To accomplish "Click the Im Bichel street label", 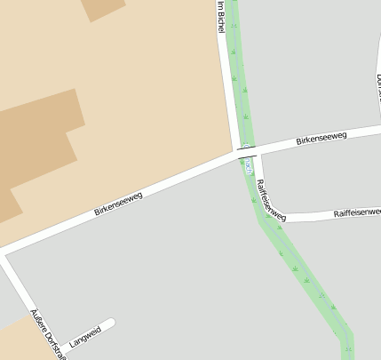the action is [221, 18].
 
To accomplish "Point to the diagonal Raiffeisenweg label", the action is [271, 199].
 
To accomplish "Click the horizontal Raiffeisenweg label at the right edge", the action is [357, 213].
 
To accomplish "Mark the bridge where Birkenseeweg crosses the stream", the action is [246, 155].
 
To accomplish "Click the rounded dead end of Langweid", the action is [111, 323].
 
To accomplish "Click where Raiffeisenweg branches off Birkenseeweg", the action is [258, 152].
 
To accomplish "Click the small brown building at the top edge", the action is [105, 9].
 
